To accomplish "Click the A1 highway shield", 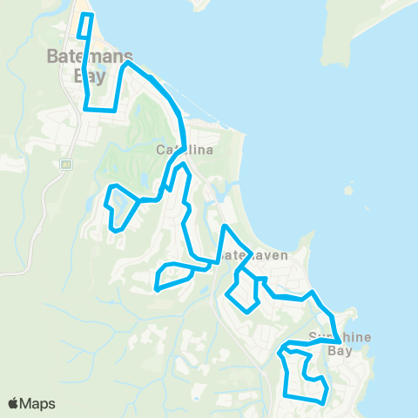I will [x=65, y=163].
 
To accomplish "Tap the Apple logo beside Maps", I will [x=15, y=403].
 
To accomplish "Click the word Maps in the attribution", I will [x=39, y=403].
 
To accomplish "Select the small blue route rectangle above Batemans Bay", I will [x=84, y=26].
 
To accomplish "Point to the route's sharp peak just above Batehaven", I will [x=224, y=227].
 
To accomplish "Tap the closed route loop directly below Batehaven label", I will [x=242, y=292].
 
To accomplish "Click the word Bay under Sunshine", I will [x=340, y=352].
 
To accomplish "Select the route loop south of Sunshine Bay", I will [x=303, y=373].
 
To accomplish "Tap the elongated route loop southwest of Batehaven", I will [x=172, y=276].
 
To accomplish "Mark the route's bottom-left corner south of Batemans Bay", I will [x=86, y=109].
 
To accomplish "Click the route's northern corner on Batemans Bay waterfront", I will [x=128, y=64].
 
